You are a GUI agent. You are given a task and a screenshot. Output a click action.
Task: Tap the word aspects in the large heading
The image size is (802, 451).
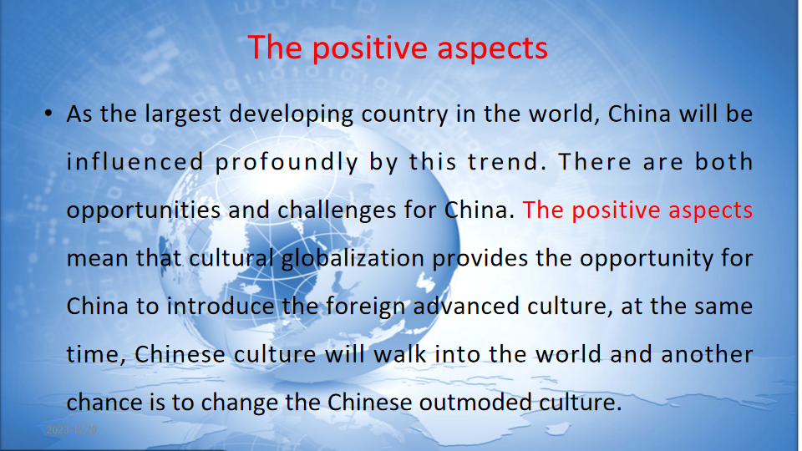tap(493, 49)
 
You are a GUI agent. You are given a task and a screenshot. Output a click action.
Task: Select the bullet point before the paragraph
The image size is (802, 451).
tap(48, 113)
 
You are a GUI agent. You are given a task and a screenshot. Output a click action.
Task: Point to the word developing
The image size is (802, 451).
tap(291, 114)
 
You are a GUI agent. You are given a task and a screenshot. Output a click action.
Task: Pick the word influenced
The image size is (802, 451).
tap(135, 162)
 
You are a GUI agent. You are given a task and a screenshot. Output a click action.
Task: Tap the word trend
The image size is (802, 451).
tap(504, 162)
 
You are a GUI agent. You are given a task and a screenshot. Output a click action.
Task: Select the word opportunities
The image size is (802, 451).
tap(144, 210)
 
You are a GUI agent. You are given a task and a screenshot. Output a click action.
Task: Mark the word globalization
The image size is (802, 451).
tap(353, 259)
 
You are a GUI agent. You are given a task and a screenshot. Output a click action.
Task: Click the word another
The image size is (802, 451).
tap(707, 354)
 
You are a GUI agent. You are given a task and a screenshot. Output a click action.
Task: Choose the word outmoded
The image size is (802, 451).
tap(475, 403)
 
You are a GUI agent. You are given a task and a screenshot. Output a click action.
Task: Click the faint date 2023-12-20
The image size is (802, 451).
tap(72, 430)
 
